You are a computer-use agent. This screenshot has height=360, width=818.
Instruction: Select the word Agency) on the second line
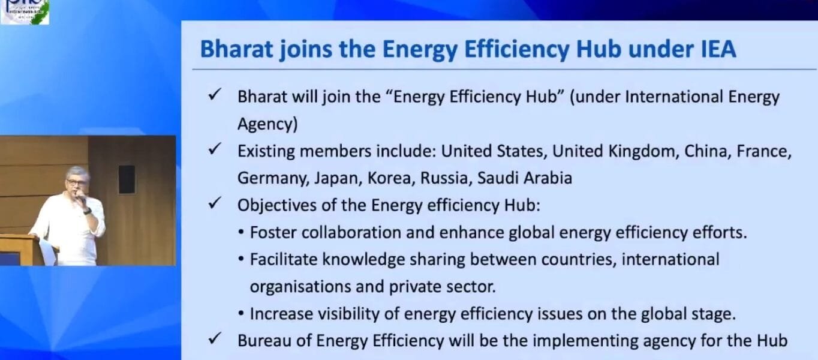[267, 124]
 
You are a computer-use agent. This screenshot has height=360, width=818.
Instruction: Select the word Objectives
[276, 205]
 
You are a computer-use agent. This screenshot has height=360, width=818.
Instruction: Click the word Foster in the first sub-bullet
[269, 233]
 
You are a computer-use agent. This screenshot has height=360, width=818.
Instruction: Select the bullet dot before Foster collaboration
[241, 233]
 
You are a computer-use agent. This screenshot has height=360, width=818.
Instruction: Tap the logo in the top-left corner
[25, 11]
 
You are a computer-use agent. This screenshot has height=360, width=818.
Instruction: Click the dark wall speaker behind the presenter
[127, 179]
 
